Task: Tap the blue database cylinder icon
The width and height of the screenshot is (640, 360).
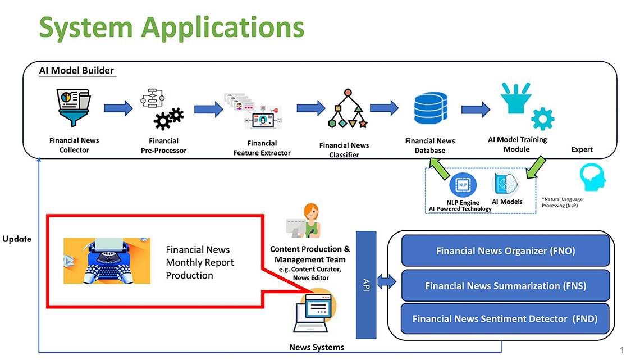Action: click(x=429, y=110)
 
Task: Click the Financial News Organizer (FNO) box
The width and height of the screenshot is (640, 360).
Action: click(x=505, y=251)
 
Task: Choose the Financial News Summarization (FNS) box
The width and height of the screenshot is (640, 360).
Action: click(x=505, y=286)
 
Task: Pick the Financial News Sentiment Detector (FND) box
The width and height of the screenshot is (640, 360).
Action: click(x=505, y=319)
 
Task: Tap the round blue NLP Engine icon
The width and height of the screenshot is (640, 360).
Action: click(x=463, y=185)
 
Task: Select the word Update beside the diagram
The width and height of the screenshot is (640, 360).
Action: click(x=17, y=239)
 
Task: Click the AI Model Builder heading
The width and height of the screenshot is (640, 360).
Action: click(x=76, y=71)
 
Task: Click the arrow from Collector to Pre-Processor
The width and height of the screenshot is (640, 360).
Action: click(x=119, y=108)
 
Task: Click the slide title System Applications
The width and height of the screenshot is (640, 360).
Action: click(x=172, y=27)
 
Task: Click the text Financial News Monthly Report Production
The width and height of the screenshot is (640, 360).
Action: click(x=200, y=262)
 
